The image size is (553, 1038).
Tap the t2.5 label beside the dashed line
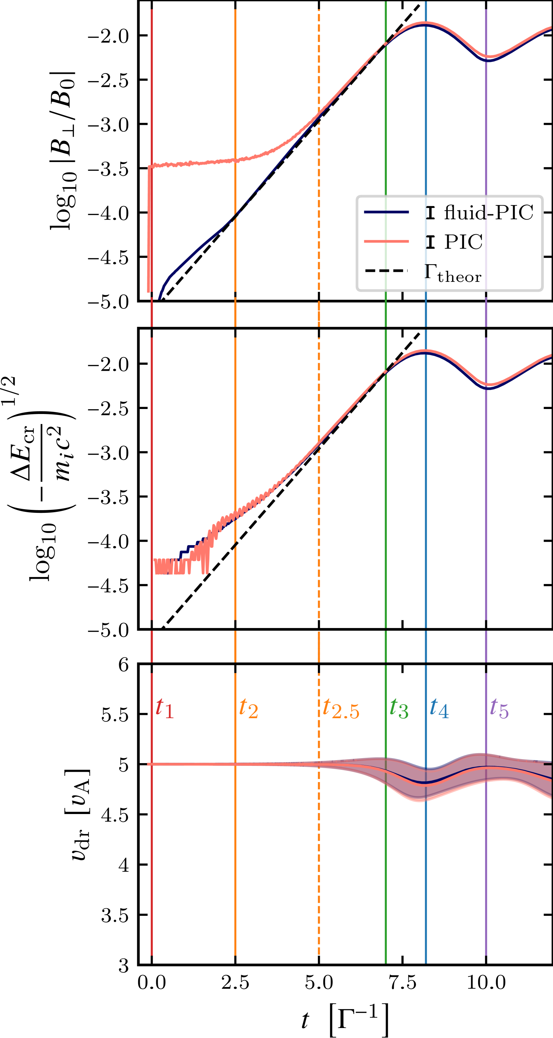point(341,709)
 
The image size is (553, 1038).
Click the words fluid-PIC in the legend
point(488,212)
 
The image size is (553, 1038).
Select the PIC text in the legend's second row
point(463,242)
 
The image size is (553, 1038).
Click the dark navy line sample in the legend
point(386,212)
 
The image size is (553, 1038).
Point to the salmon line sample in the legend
point(386,241)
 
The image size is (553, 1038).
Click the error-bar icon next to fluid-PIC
point(430,212)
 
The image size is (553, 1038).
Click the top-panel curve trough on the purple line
point(486,57)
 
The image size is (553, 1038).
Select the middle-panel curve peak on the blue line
point(425,352)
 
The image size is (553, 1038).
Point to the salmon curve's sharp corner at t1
point(149,166)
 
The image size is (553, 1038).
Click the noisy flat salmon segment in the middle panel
point(169,566)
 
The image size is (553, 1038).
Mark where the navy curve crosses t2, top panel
point(235,217)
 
